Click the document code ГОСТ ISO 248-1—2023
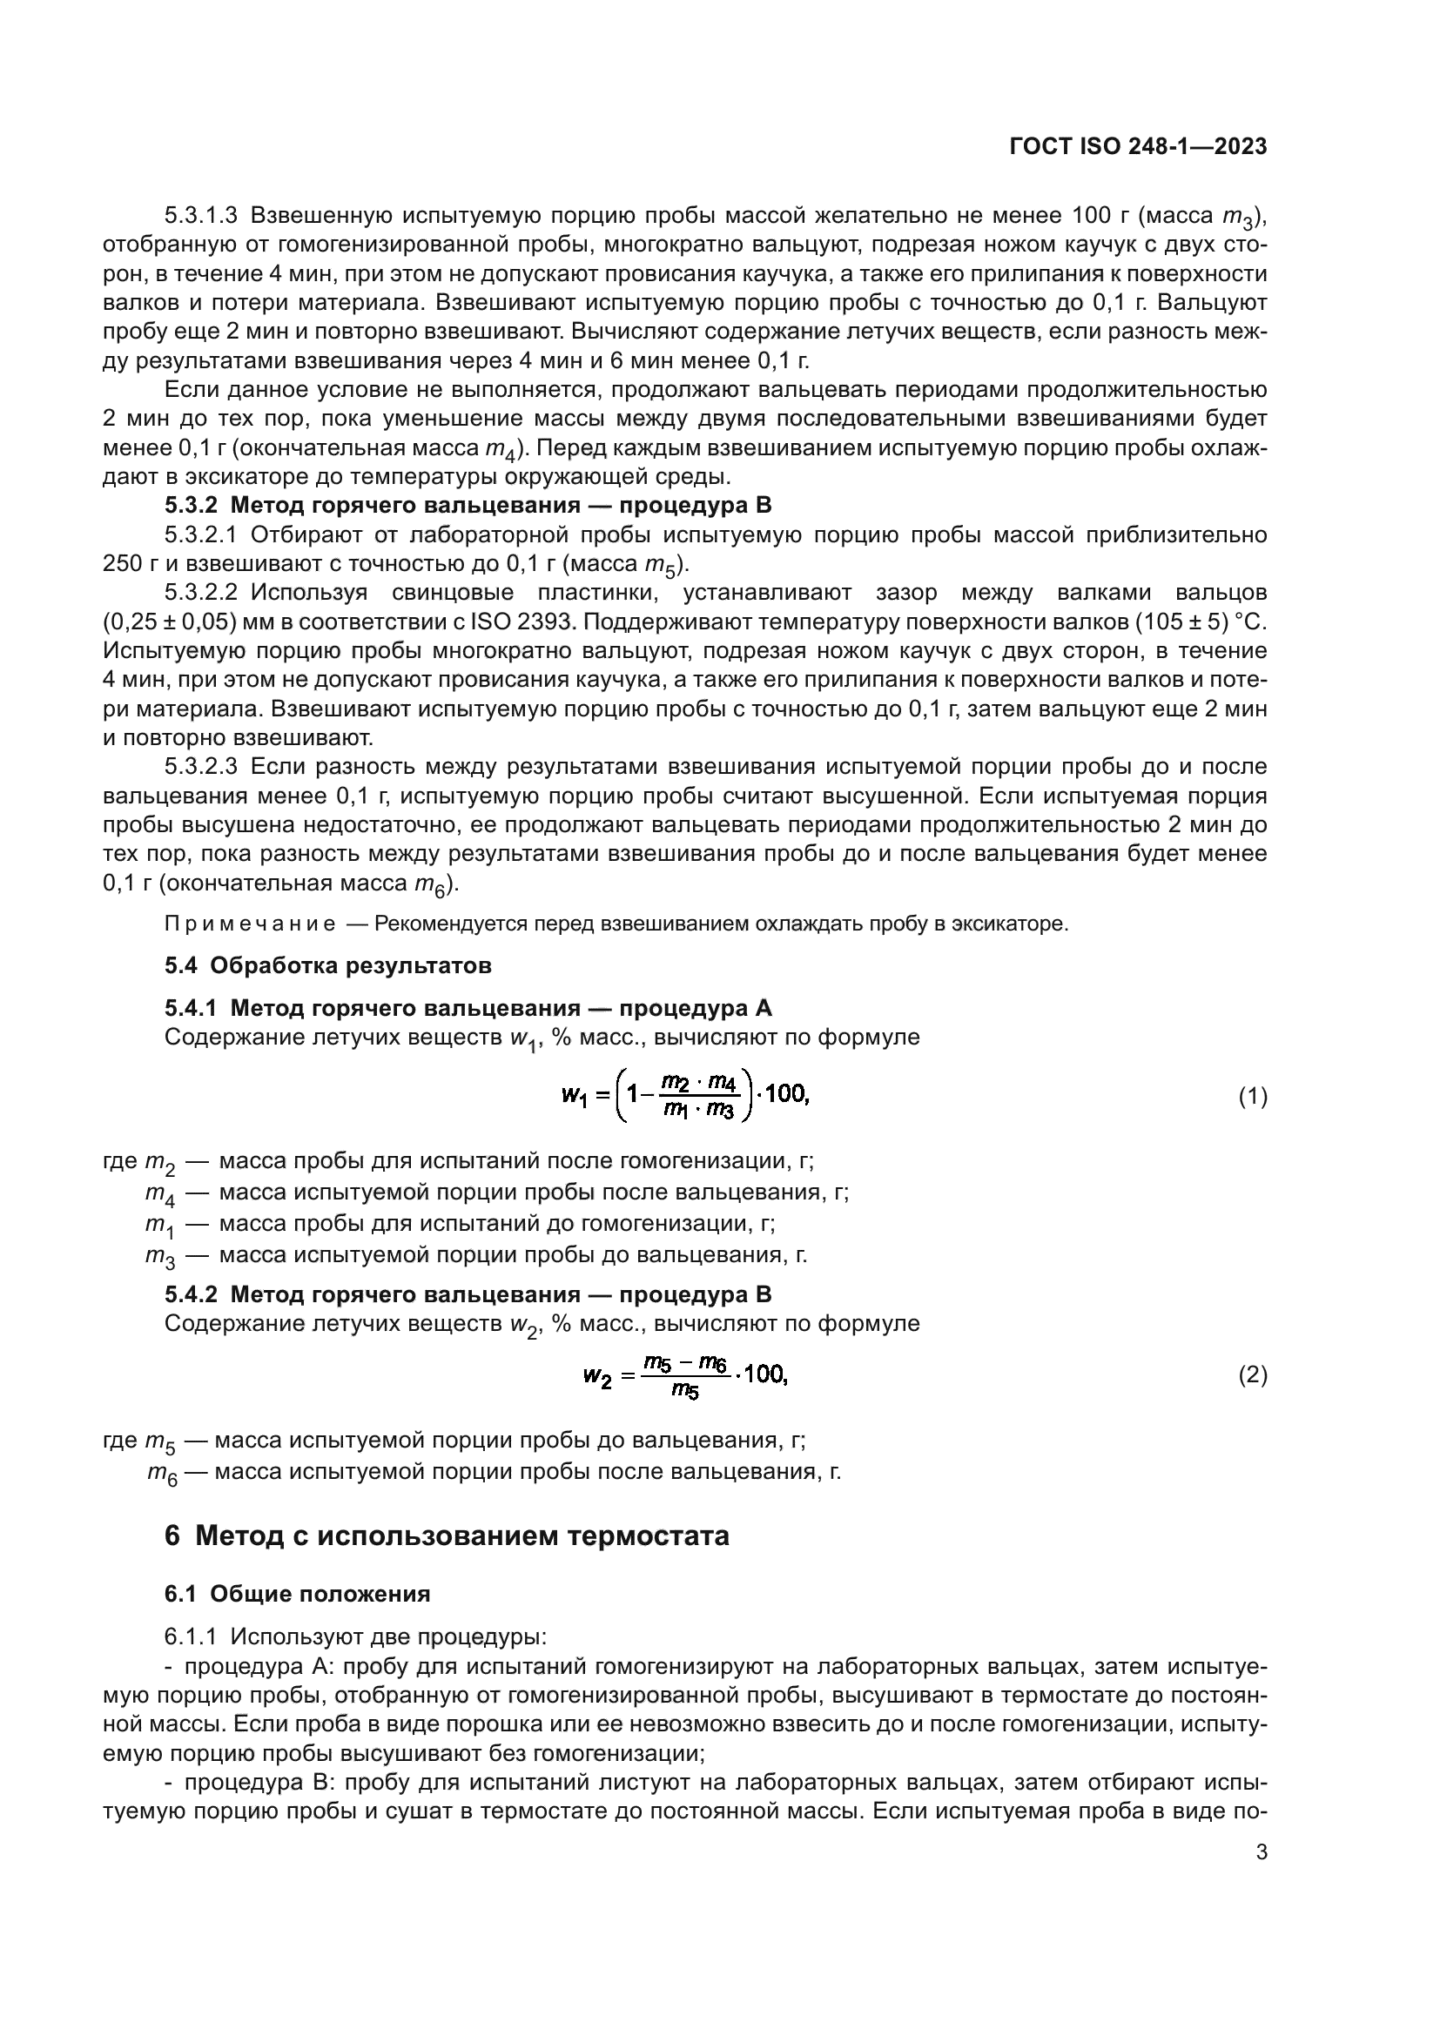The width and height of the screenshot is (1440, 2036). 1139,146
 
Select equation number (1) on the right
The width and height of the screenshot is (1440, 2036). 1252,1097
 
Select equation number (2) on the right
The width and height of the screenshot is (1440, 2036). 1252,1375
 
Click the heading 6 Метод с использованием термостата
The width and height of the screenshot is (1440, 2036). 446,1535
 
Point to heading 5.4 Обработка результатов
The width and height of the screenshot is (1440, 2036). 327,964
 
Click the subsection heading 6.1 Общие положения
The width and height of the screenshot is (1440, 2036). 297,1594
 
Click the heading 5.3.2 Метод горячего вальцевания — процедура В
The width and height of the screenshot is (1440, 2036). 468,506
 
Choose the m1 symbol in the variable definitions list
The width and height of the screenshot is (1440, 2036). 159,1225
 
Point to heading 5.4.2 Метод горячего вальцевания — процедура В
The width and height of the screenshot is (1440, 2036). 468,1294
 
